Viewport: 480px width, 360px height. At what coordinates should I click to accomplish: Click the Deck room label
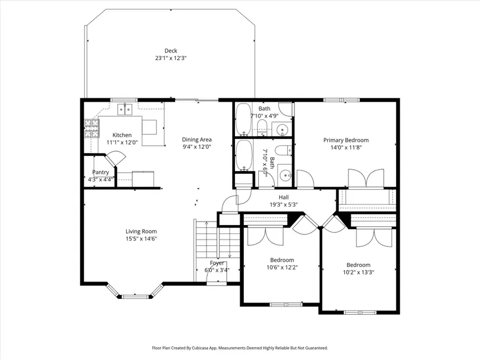click(171, 51)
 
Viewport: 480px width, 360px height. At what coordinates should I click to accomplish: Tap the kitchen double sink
click(125, 109)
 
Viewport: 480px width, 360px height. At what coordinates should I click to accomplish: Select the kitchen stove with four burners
click(91, 128)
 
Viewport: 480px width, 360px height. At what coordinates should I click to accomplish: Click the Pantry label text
click(101, 172)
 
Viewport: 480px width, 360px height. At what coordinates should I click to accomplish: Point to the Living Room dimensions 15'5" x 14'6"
click(141, 239)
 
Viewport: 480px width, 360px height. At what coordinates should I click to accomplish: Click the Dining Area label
click(197, 140)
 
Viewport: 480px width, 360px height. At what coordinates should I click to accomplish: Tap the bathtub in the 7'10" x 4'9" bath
click(243, 119)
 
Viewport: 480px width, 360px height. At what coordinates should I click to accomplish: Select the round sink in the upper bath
click(282, 130)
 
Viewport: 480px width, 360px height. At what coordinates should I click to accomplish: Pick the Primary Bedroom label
click(346, 140)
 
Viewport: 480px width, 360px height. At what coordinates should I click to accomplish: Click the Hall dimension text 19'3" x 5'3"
click(284, 205)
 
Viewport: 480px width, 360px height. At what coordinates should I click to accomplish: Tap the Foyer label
click(217, 263)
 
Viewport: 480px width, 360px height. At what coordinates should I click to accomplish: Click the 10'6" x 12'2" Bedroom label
click(282, 260)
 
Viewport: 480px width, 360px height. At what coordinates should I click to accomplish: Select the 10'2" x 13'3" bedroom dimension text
click(358, 272)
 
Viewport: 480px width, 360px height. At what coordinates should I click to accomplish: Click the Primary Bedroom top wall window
click(342, 99)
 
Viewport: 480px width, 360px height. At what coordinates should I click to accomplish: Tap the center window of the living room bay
click(135, 297)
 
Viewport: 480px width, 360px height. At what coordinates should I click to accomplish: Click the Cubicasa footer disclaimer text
click(240, 348)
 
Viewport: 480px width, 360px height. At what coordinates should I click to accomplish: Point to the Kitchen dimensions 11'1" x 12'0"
click(122, 142)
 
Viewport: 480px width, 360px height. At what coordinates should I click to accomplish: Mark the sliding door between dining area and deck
click(197, 99)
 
